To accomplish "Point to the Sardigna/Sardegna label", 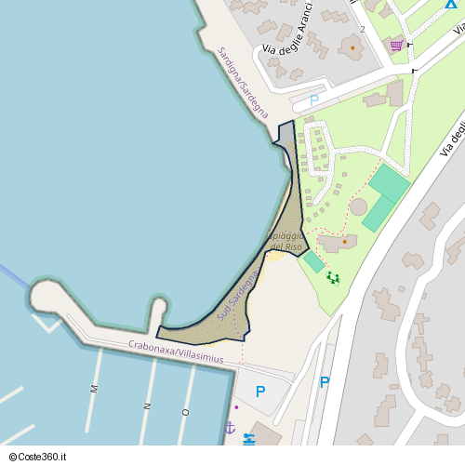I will [x=242, y=83].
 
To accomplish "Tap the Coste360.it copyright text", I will [x=40, y=457].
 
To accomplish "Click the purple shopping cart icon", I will [x=397, y=45].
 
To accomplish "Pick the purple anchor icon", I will [x=230, y=427].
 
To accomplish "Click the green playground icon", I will [x=333, y=277].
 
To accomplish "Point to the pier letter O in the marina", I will [x=185, y=410].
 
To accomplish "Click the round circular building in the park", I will [x=358, y=206].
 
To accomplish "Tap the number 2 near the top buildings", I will [x=362, y=29].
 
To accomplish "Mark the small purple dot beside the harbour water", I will [x=236, y=406].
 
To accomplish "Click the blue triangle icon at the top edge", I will [x=451, y=4].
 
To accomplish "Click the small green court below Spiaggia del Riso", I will [x=313, y=263].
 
